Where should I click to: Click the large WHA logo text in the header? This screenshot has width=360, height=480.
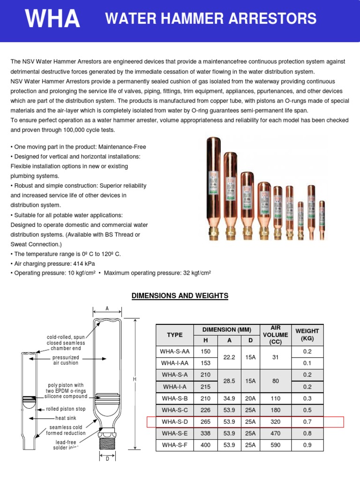(x=52, y=19)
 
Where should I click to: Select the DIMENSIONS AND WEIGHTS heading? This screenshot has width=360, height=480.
(x=180, y=296)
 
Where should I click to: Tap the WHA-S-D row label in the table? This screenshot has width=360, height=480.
(x=174, y=422)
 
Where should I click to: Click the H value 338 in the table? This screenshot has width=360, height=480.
(x=205, y=434)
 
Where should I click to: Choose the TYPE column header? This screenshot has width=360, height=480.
(x=174, y=335)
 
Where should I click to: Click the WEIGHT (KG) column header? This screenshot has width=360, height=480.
(x=307, y=335)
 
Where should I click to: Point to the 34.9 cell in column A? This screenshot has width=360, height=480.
(x=229, y=398)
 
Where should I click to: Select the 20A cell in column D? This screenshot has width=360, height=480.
(x=251, y=398)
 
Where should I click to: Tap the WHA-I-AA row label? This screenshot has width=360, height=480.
(x=174, y=363)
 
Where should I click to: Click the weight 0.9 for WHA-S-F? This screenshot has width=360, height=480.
(x=307, y=445)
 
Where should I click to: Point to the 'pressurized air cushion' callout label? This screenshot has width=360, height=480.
(x=66, y=360)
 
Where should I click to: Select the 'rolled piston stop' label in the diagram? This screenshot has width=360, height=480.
(x=66, y=409)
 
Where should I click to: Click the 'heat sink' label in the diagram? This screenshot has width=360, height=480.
(x=66, y=418)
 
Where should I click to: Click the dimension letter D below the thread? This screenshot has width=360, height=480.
(x=107, y=458)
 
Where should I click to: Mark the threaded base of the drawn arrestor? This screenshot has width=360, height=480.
(x=107, y=441)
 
